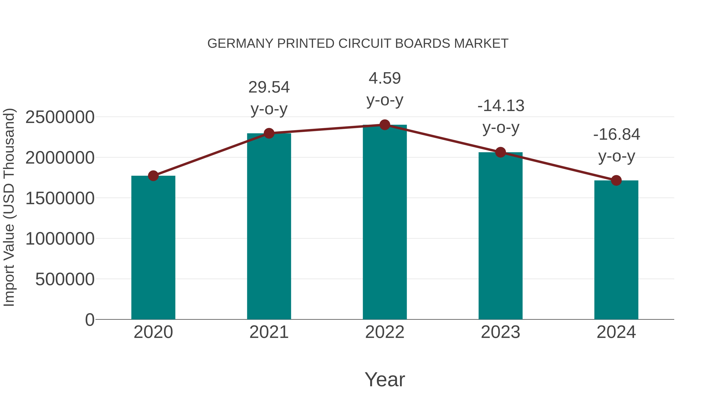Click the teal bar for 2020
153,248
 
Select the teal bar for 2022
385,222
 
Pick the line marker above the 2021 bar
269,133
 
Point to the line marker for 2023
500,152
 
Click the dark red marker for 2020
153,176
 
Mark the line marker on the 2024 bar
616,180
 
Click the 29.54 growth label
269,87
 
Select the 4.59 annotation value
385,78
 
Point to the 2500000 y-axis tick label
60,117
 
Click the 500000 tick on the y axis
65,279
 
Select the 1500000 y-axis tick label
60,198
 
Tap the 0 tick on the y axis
89,320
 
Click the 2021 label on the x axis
269,332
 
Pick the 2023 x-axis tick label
500,332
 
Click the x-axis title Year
385,379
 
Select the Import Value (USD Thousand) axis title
9,207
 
